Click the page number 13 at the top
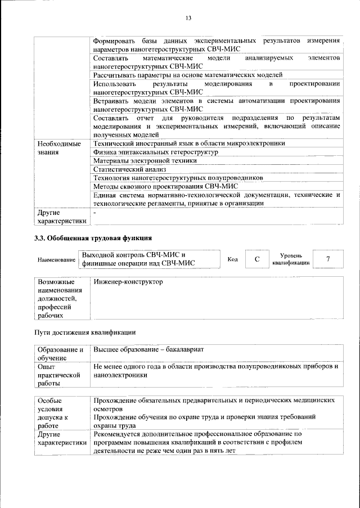188,18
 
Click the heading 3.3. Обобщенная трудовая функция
93,238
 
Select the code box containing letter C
256,259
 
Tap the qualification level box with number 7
327,259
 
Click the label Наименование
56,260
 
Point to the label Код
232,259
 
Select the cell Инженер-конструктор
128,282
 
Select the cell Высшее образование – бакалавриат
148,349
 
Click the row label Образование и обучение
60,353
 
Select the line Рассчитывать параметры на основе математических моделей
188,74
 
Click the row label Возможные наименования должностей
59,299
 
